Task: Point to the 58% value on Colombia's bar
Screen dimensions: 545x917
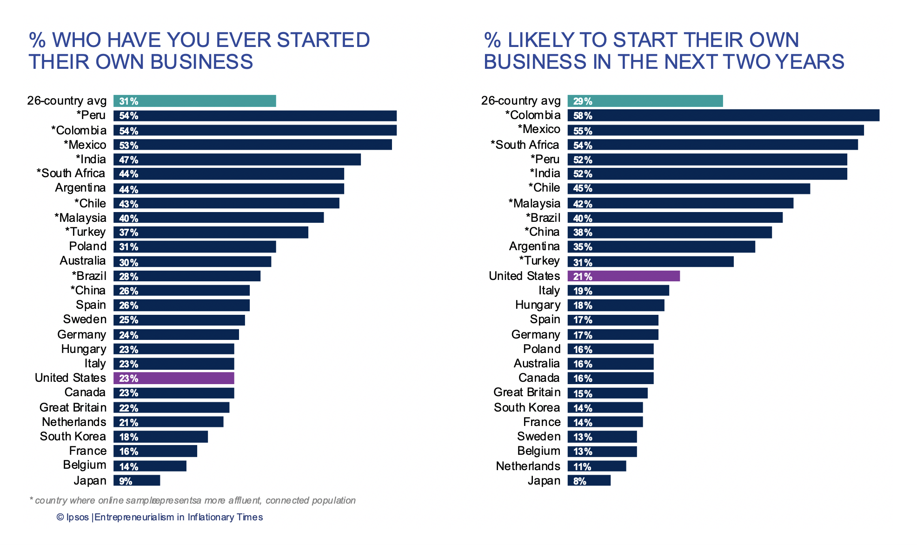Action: click(582, 116)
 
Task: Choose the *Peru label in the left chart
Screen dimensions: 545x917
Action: click(91, 115)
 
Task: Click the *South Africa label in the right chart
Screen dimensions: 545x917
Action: click(525, 145)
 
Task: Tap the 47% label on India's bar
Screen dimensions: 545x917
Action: click(128, 160)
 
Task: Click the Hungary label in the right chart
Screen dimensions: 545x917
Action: click(538, 305)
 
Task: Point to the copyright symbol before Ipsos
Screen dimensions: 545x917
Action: click(60, 518)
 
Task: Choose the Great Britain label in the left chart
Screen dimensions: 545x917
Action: click(73, 408)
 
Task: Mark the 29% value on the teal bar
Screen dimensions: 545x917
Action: click(582, 101)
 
